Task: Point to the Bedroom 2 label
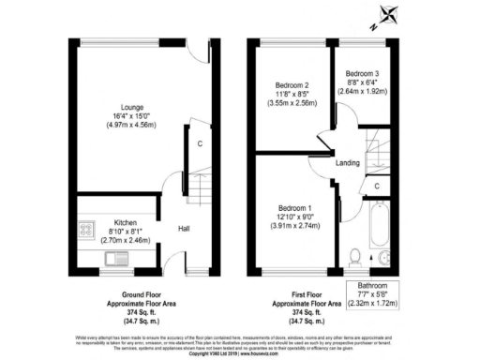[x=292, y=85]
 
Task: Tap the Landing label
[x=348, y=161]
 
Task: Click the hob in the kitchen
[x=87, y=228]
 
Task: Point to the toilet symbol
[x=353, y=256]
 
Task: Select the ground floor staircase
[x=198, y=187]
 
